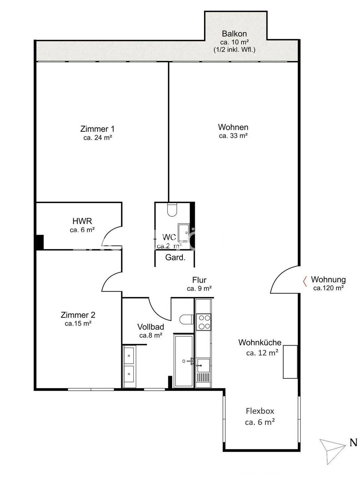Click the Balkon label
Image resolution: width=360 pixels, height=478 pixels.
click(234, 34)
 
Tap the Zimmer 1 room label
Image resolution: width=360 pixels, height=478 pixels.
click(97, 129)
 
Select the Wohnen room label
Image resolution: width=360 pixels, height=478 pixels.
click(233, 127)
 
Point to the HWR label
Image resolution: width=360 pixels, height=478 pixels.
click(82, 221)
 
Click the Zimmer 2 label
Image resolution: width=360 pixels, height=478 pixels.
click(78, 315)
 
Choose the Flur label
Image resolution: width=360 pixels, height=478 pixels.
click(199, 280)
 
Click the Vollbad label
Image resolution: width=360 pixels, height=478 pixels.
click(151, 327)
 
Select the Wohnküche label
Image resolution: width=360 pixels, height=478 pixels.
click(260, 342)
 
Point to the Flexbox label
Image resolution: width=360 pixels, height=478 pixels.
click(260, 411)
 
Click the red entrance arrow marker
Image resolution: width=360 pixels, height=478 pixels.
click(305, 281)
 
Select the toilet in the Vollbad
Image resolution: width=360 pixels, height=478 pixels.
click(186, 319)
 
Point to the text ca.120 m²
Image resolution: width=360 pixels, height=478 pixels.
click(328, 288)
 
